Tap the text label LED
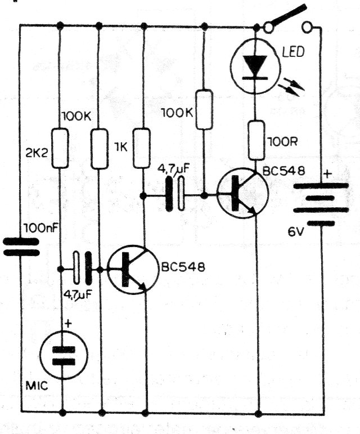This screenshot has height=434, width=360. click(292, 53)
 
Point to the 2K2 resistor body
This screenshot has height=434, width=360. click(60, 149)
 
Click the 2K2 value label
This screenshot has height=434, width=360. click(36, 151)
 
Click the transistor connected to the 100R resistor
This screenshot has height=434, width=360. click(242, 194)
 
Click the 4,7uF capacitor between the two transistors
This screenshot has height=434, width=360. click(175, 195)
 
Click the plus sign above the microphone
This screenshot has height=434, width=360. click(69, 324)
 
